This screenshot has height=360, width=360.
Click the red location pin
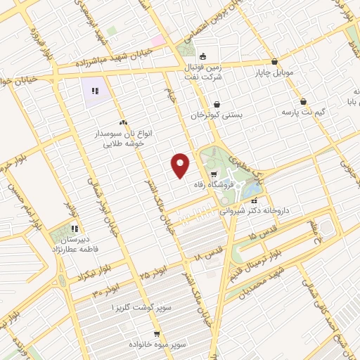click(181, 165)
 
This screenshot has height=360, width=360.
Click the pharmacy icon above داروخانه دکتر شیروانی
click(254, 200)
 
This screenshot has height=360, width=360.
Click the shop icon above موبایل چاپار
click(274, 62)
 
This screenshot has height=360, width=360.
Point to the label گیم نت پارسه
click(302, 112)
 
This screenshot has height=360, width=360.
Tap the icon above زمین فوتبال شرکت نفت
click(203, 57)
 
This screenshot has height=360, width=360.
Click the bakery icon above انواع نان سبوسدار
click(123, 122)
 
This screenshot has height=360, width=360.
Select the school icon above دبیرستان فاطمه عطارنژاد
click(75, 229)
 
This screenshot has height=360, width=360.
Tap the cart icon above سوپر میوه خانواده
click(156, 334)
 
